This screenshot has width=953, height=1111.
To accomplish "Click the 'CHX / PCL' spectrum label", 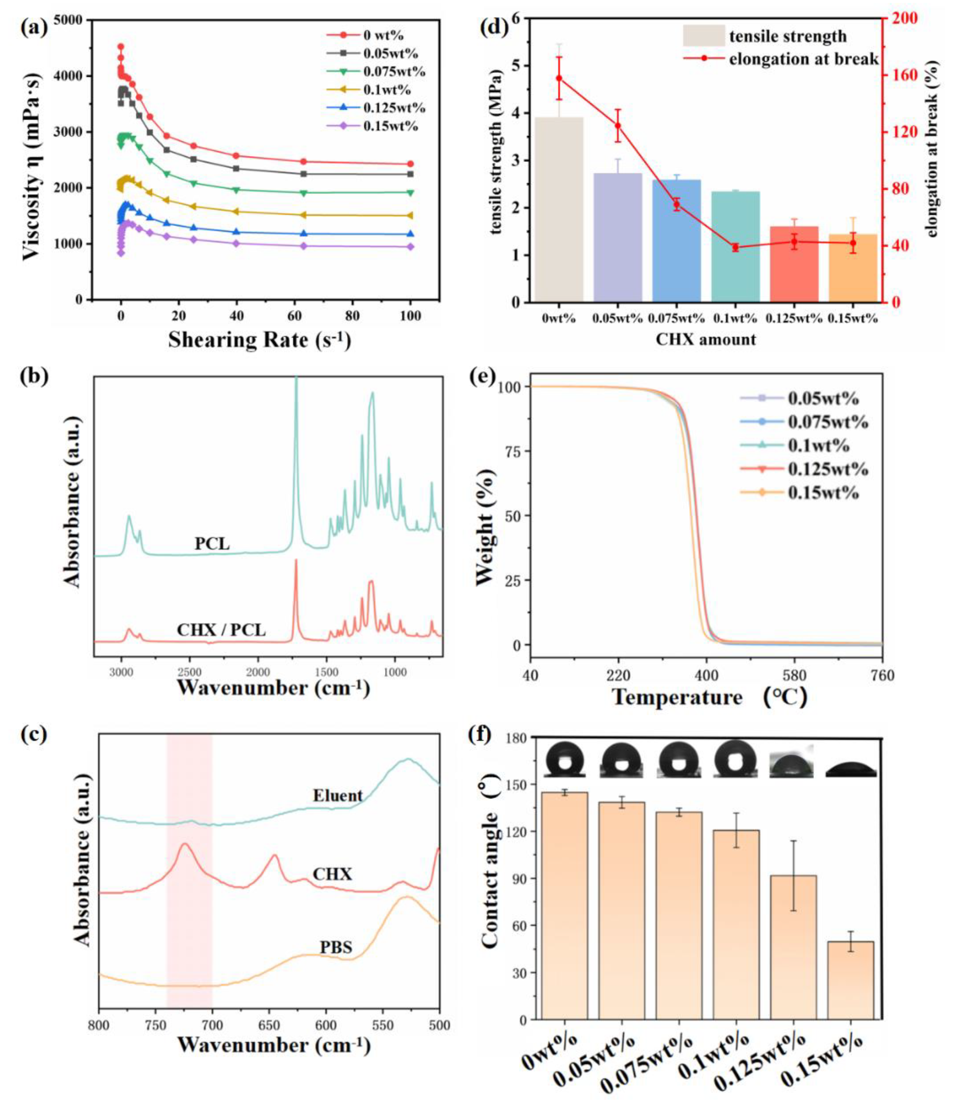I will click(221, 630).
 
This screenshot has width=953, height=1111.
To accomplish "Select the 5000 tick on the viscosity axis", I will click(75, 20).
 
